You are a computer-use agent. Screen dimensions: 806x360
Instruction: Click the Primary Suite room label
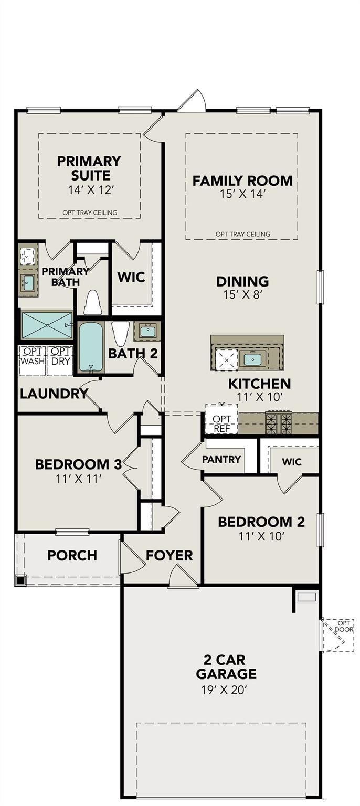pos(89,168)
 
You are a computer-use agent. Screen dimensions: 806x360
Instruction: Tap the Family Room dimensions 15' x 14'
pos(242,194)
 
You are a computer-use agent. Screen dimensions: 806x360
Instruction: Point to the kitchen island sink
pos(253,359)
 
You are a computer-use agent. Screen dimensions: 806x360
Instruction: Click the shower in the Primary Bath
pos(47,325)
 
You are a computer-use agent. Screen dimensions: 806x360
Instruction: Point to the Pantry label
pos(221,460)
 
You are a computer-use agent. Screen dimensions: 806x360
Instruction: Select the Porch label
pos(72,555)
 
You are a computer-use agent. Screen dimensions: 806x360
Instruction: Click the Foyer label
pos(169,555)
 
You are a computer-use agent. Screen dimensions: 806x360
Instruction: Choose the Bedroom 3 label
pos(78,464)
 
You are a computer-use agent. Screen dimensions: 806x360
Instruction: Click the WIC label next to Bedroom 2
pos(292,462)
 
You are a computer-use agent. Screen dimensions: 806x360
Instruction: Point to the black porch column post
pos(20,580)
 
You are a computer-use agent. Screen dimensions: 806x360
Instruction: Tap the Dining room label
pos(242,281)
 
